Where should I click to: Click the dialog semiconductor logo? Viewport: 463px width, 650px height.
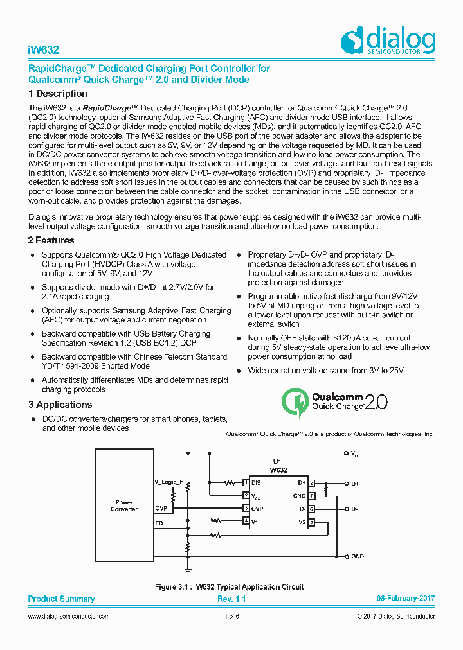[388, 40]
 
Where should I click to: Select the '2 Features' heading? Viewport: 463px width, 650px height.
[51, 240]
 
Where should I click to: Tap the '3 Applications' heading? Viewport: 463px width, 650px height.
[60, 405]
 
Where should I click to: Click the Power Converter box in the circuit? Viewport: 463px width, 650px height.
[124, 505]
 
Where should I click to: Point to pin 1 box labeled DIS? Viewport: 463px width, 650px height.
[245, 482]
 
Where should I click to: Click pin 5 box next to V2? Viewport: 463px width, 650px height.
[311, 522]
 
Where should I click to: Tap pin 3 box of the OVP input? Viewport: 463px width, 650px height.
[245, 508]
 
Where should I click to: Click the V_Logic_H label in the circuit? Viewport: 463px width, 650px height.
[168, 482]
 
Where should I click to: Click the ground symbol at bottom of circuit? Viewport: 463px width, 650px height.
[188, 568]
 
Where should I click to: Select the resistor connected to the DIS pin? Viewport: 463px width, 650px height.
[230, 482]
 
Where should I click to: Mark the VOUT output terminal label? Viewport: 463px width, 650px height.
[356, 454]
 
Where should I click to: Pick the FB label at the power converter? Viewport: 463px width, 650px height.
[159, 523]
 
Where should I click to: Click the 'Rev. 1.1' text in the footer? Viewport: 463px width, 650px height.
[232, 599]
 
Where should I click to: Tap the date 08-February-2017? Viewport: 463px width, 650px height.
[405, 599]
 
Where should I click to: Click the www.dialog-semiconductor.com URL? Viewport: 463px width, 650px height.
[69, 617]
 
